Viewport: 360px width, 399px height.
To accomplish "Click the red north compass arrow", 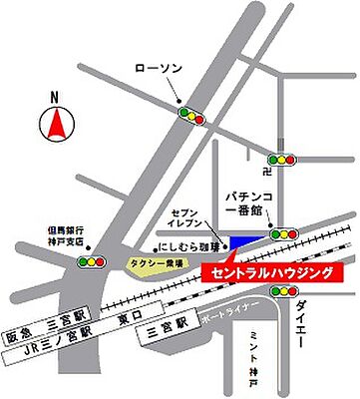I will click(x=57, y=125).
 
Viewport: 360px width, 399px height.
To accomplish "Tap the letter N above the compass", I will click(x=57, y=98).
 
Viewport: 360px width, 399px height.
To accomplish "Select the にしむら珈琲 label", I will click(x=182, y=243).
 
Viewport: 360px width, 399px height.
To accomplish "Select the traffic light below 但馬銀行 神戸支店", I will click(x=93, y=261).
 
